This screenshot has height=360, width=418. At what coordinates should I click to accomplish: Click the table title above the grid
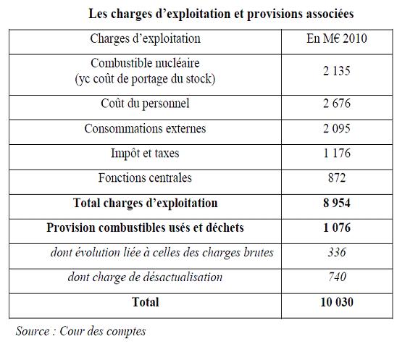tap(221, 14)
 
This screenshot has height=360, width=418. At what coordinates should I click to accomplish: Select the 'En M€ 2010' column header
tap(337, 38)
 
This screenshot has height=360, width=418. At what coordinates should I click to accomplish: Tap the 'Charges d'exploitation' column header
tap(146, 38)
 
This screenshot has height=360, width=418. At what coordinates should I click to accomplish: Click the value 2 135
tap(337, 71)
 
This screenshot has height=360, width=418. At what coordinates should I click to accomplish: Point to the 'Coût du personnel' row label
tap(146, 104)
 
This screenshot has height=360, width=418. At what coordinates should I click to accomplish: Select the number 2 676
tap(337, 104)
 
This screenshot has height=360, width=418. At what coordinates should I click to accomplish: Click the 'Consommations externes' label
tap(146, 128)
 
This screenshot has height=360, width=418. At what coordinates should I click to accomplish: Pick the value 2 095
tap(337, 128)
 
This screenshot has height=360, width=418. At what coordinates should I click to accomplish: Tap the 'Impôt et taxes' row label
tap(145, 154)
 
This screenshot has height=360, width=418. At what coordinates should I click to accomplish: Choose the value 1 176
tap(337, 154)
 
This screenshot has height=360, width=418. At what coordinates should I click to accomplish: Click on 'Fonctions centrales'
tap(145, 177)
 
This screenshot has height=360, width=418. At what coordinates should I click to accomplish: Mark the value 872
tap(337, 177)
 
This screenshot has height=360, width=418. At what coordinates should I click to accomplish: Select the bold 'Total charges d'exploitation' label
tap(146, 203)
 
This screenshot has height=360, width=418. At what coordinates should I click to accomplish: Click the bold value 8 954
tap(337, 203)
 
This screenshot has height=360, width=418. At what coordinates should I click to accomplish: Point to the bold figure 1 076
tap(337, 228)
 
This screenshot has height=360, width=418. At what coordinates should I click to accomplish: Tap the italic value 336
tap(337, 252)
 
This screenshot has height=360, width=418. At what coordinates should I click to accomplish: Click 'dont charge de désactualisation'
tap(146, 277)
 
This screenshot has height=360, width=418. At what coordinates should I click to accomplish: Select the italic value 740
tap(338, 277)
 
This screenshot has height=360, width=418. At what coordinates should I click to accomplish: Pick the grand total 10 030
tap(337, 302)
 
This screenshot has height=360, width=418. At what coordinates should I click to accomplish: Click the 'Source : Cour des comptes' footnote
tap(80, 332)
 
